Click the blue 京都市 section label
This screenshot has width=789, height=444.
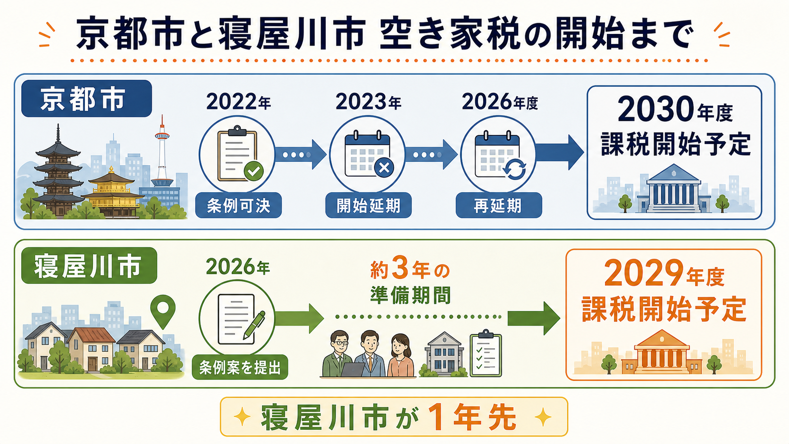click(x=87, y=99)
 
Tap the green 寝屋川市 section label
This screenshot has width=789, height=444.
click(x=89, y=266)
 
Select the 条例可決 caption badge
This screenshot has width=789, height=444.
click(x=238, y=205)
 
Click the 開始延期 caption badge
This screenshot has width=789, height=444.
click(x=369, y=205)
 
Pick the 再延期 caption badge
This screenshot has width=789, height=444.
click(x=499, y=205)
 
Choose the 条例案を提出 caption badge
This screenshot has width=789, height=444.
click(x=240, y=367)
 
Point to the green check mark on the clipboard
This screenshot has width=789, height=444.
click(x=253, y=171)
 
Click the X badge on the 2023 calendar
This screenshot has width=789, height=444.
click(x=384, y=168)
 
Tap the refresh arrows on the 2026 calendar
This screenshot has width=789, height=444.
click(x=514, y=169)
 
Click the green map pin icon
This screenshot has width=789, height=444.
click(x=163, y=310)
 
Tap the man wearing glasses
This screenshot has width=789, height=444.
click(x=339, y=354)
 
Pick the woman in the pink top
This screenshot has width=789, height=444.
click(x=401, y=356)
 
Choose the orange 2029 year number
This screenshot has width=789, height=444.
click(x=644, y=273)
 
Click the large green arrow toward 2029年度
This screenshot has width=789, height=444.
click(x=534, y=318)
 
